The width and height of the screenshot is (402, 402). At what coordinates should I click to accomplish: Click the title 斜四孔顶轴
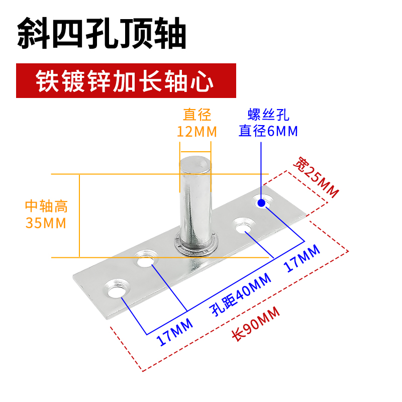click(102, 34)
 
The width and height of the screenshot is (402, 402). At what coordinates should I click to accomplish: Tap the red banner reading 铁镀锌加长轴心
click(126, 80)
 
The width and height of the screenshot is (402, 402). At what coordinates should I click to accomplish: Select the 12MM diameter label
click(197, 132)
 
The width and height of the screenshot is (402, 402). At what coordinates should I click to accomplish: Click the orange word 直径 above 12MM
click(197, 115)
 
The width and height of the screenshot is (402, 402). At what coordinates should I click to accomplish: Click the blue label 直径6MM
click(268, 131)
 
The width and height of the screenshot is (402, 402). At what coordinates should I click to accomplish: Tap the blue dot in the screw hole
click(261, 203)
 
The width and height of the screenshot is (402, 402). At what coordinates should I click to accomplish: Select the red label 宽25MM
click(317, 178)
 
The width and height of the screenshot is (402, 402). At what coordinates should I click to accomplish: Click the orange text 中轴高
click(46, 206)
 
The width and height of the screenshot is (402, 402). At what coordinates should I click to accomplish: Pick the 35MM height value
click(46, 223)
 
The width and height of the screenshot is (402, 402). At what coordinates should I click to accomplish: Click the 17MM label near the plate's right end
click(302, 258)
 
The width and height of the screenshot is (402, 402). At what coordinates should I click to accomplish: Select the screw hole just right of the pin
click(244, 225)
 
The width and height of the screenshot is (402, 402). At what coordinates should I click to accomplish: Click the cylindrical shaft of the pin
click(193, 201)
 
